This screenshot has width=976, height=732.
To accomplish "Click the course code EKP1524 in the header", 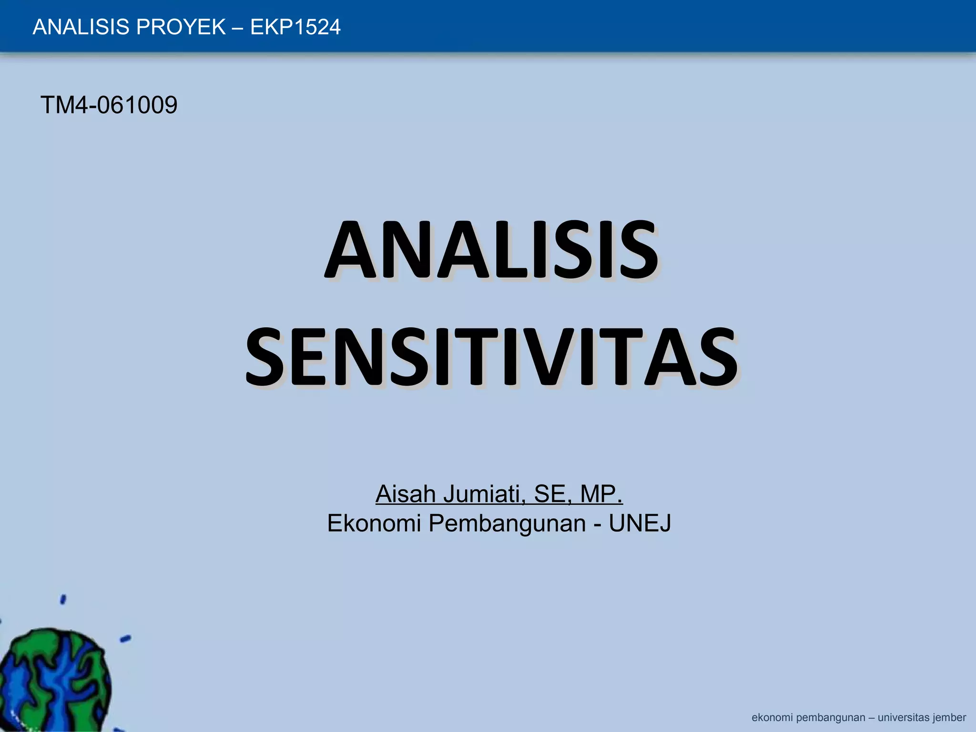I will point(295,27).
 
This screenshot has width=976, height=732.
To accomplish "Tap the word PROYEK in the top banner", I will point(181,27).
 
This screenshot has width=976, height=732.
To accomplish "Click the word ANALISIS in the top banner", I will point(81,27).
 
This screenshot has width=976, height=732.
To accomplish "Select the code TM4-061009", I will point(109,105).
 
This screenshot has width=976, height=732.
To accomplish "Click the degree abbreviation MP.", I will point(601,494).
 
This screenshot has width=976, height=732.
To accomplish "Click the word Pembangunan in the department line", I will point(507,523).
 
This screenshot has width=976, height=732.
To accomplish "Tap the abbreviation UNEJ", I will point(640,523).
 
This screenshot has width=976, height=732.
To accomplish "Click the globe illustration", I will point(52,681).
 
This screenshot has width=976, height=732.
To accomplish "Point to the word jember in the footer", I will point(949,718).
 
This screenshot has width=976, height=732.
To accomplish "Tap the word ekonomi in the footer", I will point(772,718).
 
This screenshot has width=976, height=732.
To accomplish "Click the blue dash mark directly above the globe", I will point(63,599).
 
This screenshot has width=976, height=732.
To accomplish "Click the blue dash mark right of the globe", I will point(125,639).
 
